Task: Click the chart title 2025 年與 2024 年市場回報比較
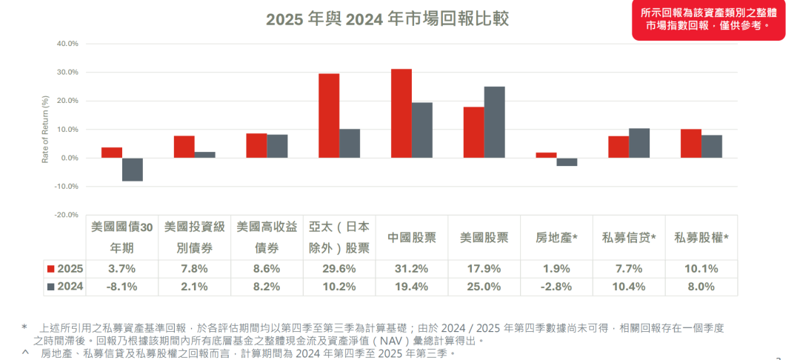(x=387, y=19)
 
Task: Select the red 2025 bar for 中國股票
(x=401, y=113)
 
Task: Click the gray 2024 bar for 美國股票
(x=494, y=122)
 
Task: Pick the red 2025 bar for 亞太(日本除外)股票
(x=329, y=116)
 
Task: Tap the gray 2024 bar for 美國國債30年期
(x=133, y=170)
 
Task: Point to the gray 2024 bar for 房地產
(x=567, y=162)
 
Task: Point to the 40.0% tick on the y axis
(x=67, y=44)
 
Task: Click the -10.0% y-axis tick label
(x=66, y=187)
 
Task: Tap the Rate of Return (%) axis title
(x=45, y=130)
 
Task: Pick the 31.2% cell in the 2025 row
(x=412, y=269)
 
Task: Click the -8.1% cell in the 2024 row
(x=121, y=287)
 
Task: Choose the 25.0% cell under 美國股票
(x=484, y=287)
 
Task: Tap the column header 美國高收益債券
(x=267, y=238)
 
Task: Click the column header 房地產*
(x=557, y=238)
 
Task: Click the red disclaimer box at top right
(x=708, y=19)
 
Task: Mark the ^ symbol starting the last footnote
(x=25, y=353)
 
